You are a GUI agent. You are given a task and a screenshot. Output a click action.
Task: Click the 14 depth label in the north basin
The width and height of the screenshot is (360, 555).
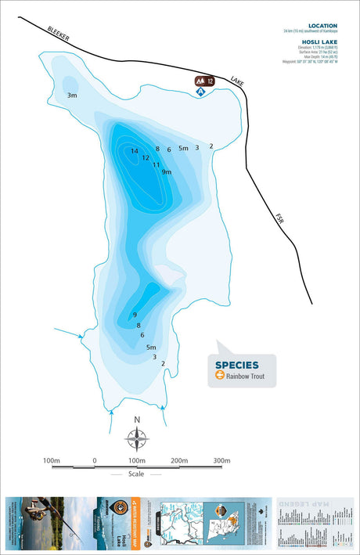pos(135,151)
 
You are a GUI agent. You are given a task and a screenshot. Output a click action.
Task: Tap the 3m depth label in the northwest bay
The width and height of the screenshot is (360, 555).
pos(72,96)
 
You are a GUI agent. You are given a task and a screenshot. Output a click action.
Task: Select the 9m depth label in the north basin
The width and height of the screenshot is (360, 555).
pos(166,172)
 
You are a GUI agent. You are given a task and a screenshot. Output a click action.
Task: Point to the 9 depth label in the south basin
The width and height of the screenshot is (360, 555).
pos(135,315)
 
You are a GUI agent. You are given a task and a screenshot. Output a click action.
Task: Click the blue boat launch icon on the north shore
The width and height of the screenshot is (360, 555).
pos(200,92)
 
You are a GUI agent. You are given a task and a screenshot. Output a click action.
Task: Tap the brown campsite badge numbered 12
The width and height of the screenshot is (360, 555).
pos(205,81)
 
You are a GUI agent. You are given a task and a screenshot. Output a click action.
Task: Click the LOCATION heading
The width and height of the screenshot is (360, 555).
pos(322,26)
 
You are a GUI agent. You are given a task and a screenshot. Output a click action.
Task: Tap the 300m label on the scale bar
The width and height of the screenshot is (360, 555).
pos(221,460)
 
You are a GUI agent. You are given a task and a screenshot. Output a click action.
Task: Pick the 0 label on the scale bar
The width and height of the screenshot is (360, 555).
pos(95,460)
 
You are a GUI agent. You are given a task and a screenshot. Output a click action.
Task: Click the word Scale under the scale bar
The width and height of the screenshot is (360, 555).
pos(137,474)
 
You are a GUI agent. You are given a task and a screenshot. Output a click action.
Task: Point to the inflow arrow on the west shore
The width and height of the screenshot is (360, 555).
pos(81,338)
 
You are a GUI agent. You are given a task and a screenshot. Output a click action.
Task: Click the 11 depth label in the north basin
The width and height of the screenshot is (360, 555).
pos(157,165)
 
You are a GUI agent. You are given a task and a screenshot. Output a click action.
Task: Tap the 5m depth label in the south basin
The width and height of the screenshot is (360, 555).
pos(151,347)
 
